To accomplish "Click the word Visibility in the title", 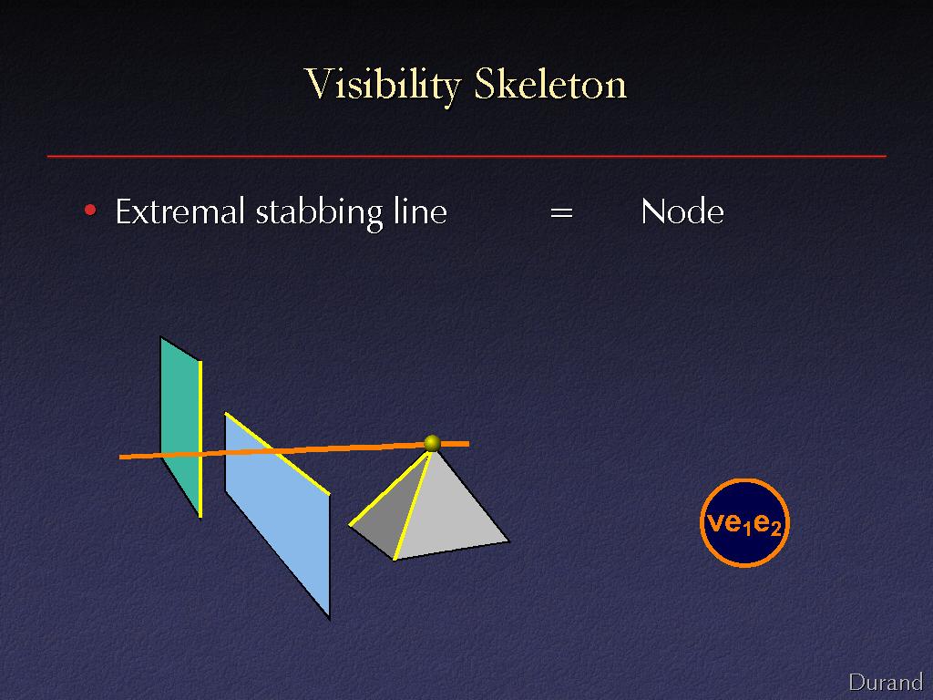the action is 383,85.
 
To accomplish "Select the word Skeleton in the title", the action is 550,84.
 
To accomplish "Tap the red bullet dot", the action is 90,210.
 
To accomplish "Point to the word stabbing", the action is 320,213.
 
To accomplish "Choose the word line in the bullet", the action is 420,211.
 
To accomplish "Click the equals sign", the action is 561,212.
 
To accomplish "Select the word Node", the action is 682,211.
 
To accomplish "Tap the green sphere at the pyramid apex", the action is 432,443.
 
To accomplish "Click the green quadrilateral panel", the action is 179,426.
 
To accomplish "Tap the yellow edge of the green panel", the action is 200,438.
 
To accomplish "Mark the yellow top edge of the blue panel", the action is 277,454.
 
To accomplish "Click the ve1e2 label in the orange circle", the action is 744,523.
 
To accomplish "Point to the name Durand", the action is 886,682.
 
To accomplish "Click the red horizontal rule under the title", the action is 466,157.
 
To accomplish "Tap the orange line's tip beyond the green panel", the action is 119,458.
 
